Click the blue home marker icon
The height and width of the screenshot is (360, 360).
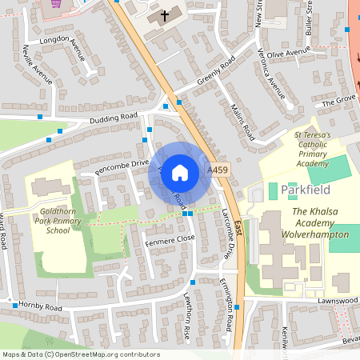point(180,172)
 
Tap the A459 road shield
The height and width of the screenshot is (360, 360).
point(217,170)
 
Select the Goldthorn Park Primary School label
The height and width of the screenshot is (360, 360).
point(58,219)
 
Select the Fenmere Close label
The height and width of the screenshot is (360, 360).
point(170,238)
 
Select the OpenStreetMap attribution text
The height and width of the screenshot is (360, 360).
point(80,354)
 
